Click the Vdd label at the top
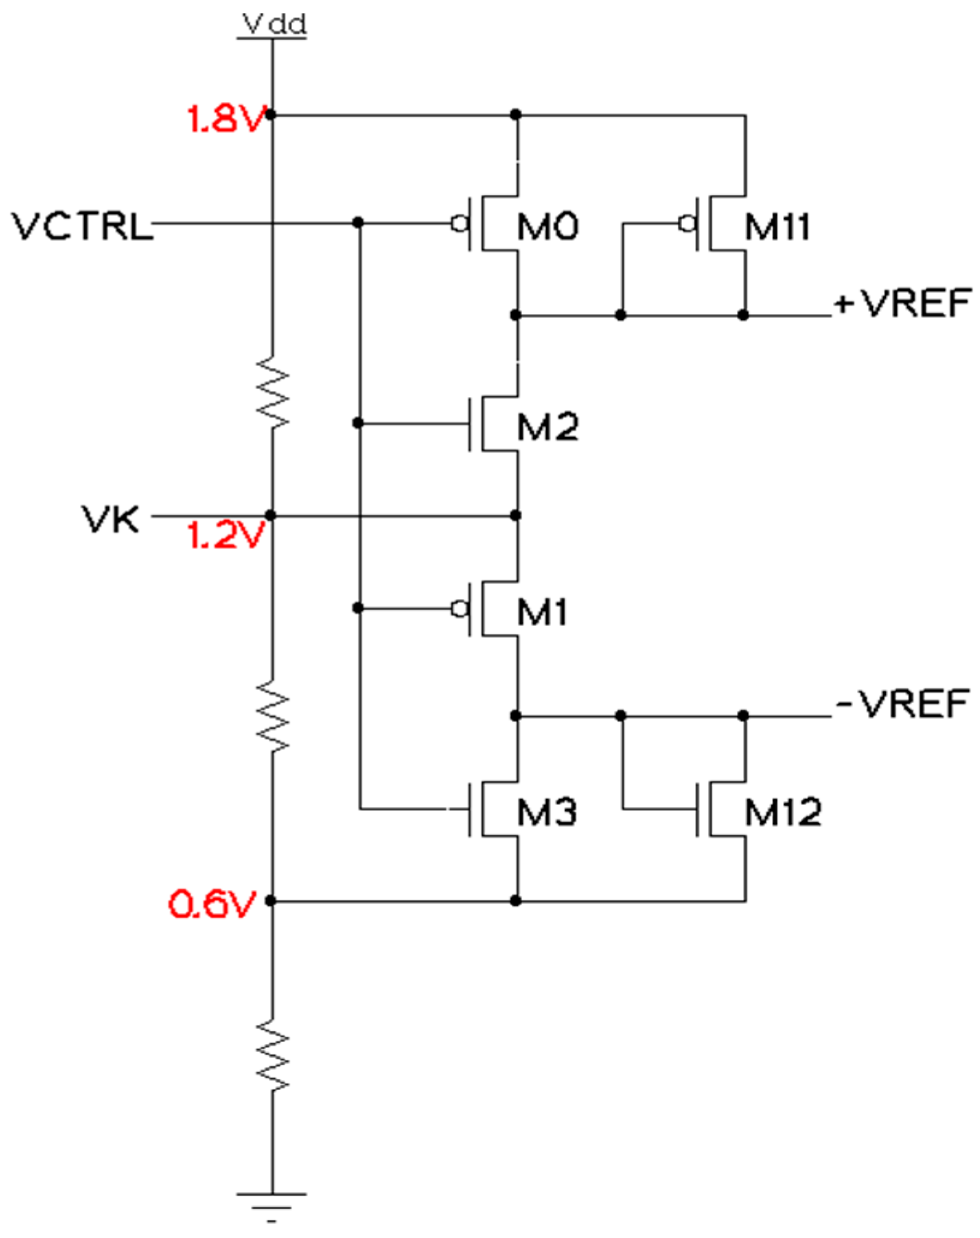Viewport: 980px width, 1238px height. [274, 25]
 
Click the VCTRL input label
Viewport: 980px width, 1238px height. [82, 227]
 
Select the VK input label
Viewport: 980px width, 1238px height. [111, 519]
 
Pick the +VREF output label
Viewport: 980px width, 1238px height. [902, 303]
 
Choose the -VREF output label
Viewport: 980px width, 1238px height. [902, 703]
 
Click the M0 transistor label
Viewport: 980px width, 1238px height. [548, 227]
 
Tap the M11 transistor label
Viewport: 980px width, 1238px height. [777, 227]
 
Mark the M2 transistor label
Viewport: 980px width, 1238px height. [548, 427]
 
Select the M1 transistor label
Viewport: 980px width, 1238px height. [542, 613]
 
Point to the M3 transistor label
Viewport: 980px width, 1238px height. [547, 812]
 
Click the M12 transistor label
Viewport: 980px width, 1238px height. [782, 812]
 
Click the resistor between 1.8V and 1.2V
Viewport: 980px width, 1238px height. [272, 393]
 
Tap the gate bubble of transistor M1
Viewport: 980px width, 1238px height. [460, 609]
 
